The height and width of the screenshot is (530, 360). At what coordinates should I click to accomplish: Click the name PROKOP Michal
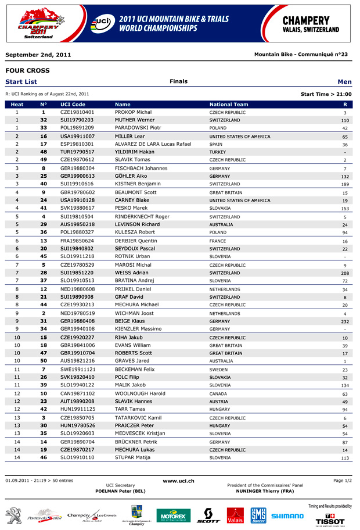tap(133, 112)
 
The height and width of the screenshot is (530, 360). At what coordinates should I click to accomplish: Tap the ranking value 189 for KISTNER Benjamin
tap(345, 184)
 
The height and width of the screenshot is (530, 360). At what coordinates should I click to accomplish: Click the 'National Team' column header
tap(228, 105)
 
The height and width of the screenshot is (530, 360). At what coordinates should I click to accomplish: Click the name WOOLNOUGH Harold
tap(140, 393)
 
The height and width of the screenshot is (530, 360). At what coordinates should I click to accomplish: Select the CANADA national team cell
tap(218, 393)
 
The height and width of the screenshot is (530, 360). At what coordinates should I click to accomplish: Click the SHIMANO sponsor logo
tap(287, 515)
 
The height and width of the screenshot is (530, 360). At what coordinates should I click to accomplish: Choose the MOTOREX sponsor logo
tap(173, 515)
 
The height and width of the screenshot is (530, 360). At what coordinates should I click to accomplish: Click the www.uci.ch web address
tap(178, 481)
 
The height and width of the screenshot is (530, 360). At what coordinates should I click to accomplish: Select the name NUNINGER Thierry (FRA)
tap(265, 491)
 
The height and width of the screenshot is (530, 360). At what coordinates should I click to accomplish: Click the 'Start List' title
tap(21, 82)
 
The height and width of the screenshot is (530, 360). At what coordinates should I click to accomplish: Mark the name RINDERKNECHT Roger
tap(142, 217)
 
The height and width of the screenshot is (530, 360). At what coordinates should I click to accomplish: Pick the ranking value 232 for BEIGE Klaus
tap(345, 321)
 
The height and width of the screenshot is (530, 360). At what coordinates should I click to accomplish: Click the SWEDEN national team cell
tap(219, 370)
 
